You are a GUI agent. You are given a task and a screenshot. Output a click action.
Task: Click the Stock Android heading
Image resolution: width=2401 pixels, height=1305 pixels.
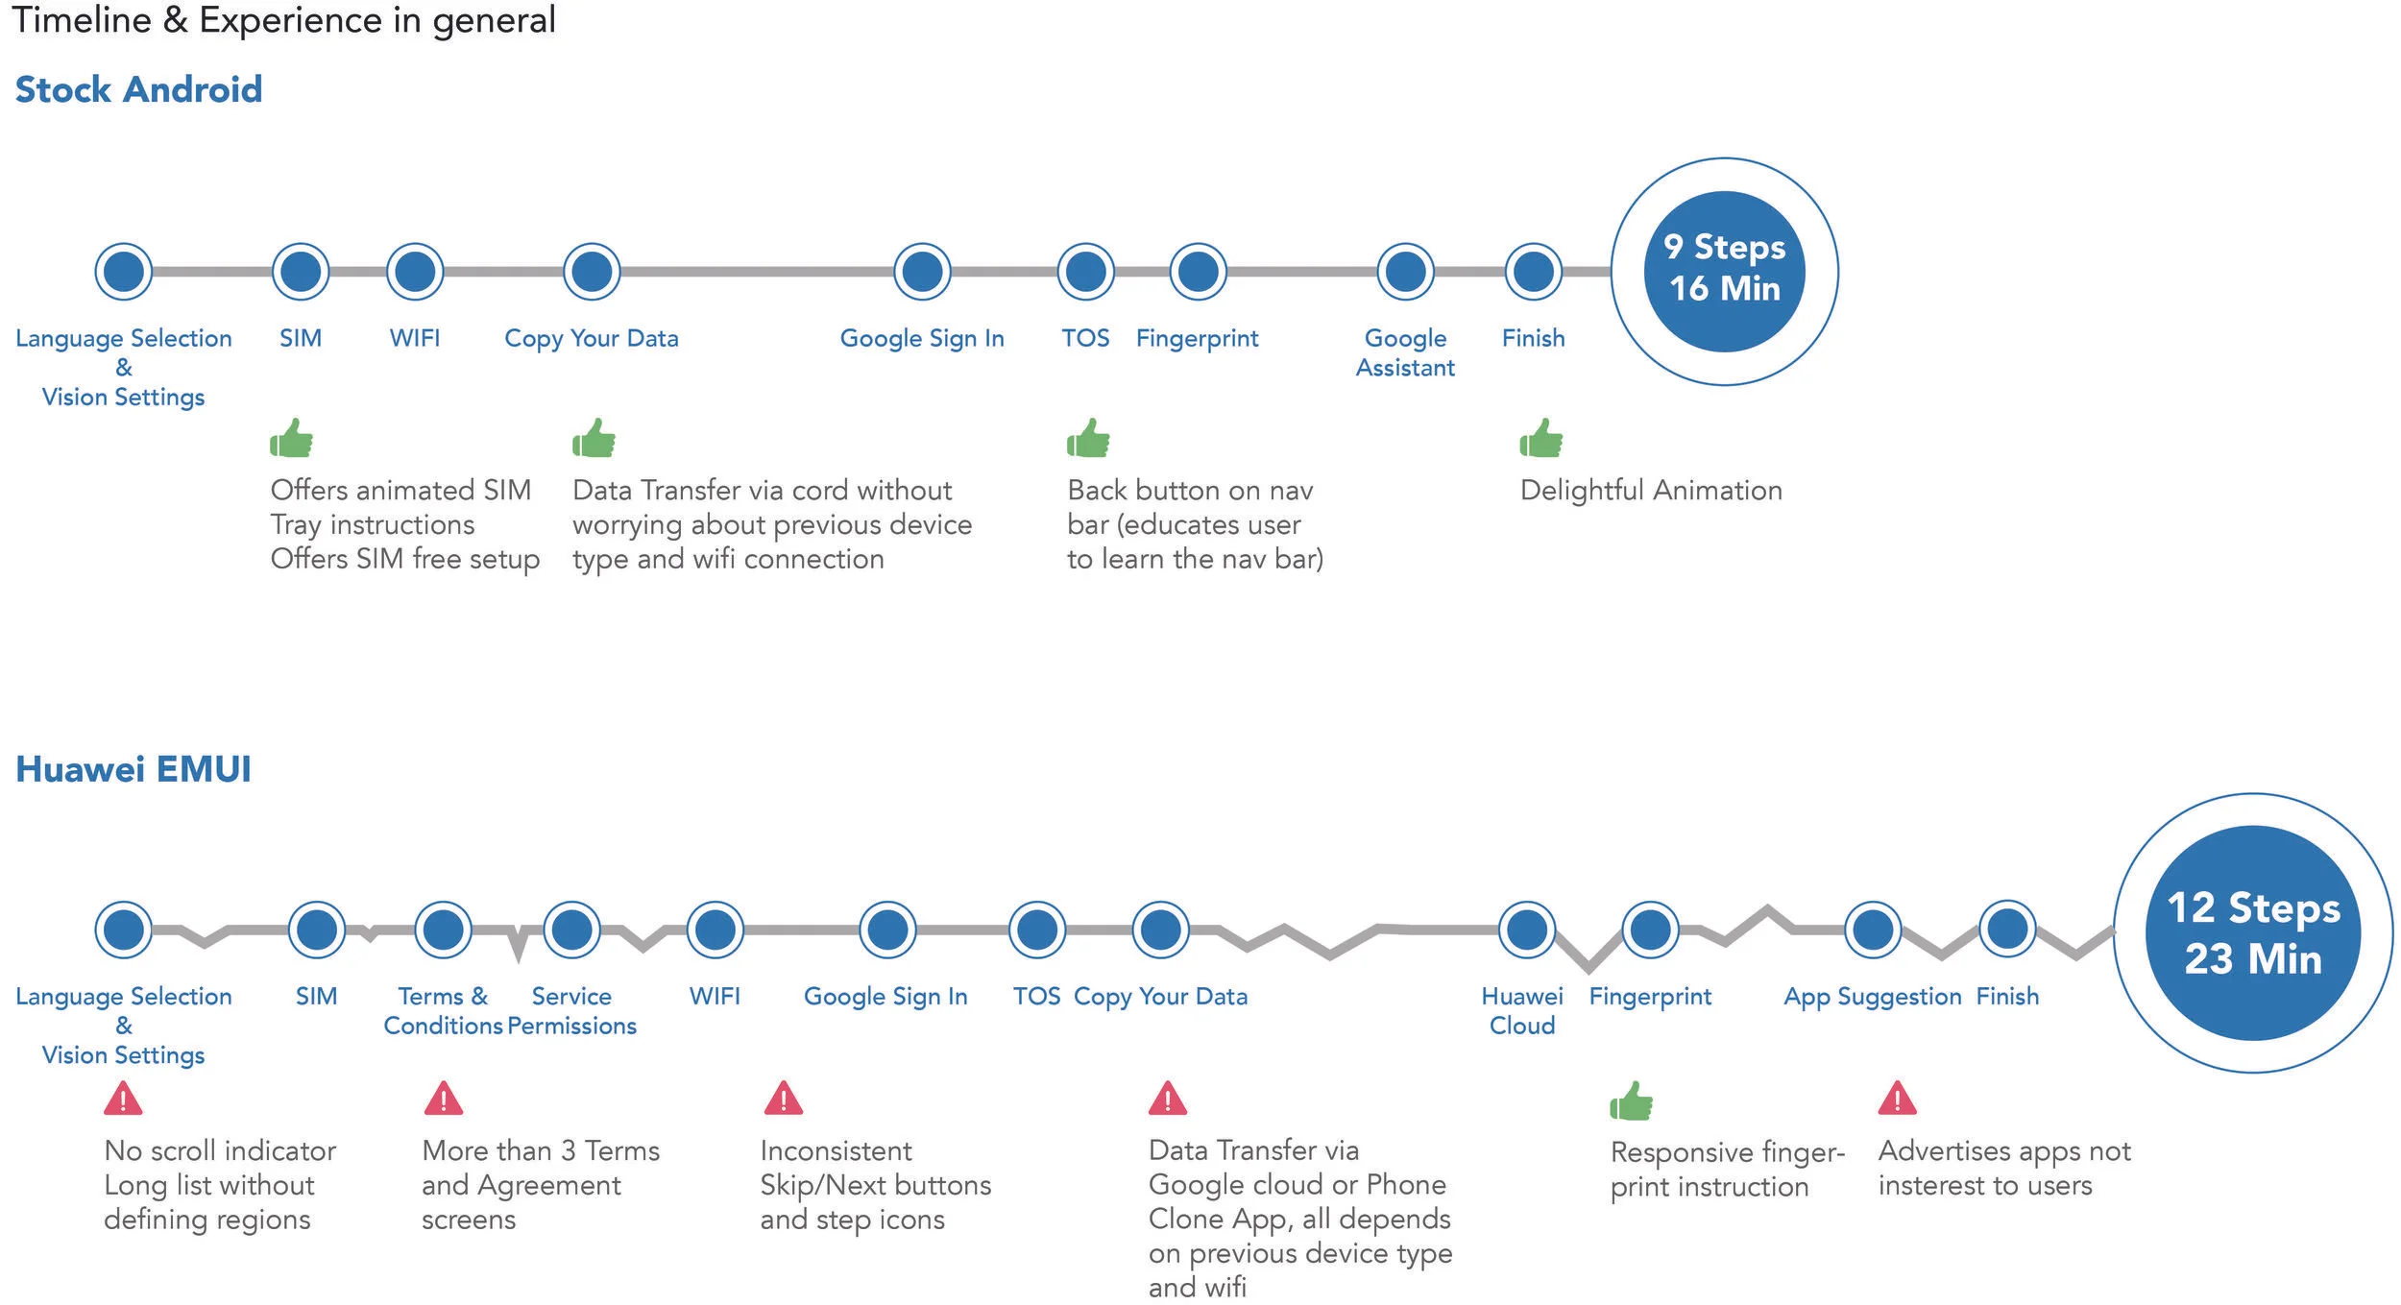click(138, 90)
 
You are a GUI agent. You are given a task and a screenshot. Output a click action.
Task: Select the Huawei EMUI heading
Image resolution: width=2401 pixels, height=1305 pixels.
click(133, 769)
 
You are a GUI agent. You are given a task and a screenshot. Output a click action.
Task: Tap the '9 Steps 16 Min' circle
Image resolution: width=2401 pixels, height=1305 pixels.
click(1724, 271)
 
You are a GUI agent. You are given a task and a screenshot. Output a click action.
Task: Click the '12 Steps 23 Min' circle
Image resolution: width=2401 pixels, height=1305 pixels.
click(2252, 932)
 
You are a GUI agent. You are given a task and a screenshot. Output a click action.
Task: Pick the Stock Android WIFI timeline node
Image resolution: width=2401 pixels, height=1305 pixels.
click(415, 272)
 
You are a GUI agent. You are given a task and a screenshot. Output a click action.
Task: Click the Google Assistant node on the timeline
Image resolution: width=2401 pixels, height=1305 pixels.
click(1405, 272)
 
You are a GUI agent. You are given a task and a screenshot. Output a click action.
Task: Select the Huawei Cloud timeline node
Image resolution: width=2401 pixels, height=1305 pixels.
click(1526, 930)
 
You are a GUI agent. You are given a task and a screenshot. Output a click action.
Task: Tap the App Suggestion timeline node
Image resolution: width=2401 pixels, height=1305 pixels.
click(1872, 930)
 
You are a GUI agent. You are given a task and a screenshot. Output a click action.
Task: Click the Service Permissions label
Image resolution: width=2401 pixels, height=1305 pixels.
click(571, 1011)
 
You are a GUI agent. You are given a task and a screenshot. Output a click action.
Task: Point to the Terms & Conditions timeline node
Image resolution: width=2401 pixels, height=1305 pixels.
click(443, 930)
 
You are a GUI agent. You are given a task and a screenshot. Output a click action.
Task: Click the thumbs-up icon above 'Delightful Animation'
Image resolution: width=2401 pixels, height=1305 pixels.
click(1540, 439)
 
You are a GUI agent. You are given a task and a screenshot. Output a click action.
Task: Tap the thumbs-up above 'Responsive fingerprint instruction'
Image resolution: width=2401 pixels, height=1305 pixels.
click(1631, 1100)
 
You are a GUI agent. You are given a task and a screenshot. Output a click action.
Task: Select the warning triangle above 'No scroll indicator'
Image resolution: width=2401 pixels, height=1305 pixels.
click(123, 1099)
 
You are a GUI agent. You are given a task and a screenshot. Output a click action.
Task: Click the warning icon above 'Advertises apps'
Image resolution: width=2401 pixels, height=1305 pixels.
click(1897, 1099)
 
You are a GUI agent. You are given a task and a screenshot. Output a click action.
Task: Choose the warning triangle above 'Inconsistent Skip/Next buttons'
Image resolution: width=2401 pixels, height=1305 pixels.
click(783, 1099)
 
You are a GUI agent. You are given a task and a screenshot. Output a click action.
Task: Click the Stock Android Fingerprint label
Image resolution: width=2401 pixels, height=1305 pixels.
click(1197, 338)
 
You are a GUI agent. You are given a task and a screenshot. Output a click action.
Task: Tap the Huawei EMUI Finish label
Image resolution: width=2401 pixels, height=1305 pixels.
click(2007, 997)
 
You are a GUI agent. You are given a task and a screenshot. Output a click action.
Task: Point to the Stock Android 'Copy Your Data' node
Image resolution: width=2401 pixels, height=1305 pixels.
click(592, 272)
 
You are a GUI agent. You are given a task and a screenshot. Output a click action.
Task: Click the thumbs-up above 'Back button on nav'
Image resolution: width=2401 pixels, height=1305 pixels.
click(1088, 439)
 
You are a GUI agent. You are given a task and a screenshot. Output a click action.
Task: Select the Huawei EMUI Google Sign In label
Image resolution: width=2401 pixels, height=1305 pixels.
click(885, 997)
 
